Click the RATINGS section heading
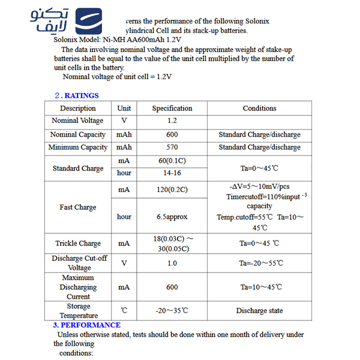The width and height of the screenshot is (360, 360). [76, 95]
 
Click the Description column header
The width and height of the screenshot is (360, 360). [78, 109]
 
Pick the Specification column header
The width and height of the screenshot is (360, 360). [172, 109]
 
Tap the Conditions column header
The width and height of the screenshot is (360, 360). [259, 109]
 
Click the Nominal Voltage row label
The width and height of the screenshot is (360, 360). [78, 121]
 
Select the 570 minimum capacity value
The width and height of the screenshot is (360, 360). [172, 148]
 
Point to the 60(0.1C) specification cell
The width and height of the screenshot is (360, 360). [172, 161]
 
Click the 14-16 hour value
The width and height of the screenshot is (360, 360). [172, 173]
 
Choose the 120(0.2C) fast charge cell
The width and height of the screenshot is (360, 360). [172, 190]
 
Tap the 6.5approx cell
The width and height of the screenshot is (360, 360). [172, 217]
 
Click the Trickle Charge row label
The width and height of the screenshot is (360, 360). [78, 244]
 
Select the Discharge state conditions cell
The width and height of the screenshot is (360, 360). [259, 311]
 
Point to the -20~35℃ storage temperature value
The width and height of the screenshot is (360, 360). [172, 311]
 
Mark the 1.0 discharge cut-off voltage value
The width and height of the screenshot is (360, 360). [172, 263]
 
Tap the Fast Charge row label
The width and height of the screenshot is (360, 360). [78, 208]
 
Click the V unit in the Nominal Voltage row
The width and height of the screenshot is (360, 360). [124, 121]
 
